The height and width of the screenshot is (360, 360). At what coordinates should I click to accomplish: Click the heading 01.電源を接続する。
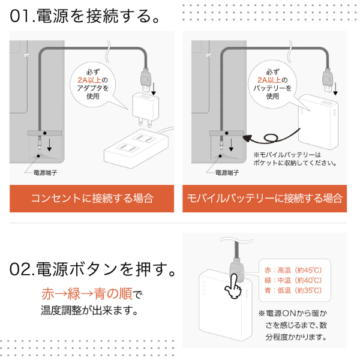click(x=85, y=16)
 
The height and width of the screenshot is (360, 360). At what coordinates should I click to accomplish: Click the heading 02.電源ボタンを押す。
click(x=92, y=269)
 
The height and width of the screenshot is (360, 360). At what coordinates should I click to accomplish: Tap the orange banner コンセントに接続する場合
click(x=92, y=199)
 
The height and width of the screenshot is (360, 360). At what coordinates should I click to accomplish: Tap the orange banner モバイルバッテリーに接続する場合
click(x=265, y=199)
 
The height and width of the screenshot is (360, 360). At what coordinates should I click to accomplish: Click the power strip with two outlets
click(x=137, y=148)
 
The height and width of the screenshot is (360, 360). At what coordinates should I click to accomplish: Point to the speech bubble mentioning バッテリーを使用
click(x=274, y=85)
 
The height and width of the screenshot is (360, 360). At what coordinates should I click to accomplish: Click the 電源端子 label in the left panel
click(x=45, y=172)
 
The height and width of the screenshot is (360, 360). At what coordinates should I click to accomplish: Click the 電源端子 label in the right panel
click(x=227, y=172)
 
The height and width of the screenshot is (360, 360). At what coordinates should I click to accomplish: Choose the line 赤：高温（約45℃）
click(x=293, y=270)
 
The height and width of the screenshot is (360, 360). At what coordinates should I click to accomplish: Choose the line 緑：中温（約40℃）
click(x=293, y=280)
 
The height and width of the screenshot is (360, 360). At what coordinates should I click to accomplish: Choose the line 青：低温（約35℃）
click(x=293, y=290)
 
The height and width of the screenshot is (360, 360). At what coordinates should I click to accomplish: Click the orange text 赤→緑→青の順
click(x=87, y=293)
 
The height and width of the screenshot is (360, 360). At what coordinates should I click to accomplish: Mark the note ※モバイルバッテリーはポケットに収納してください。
click(x=295, y=158)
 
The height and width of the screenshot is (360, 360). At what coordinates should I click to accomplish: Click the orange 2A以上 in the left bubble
click(x=89, y=80)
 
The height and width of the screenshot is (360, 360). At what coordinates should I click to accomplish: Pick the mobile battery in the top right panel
click(x=318, y=122)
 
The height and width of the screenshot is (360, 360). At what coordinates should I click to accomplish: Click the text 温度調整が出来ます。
click(x=89, y=310)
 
